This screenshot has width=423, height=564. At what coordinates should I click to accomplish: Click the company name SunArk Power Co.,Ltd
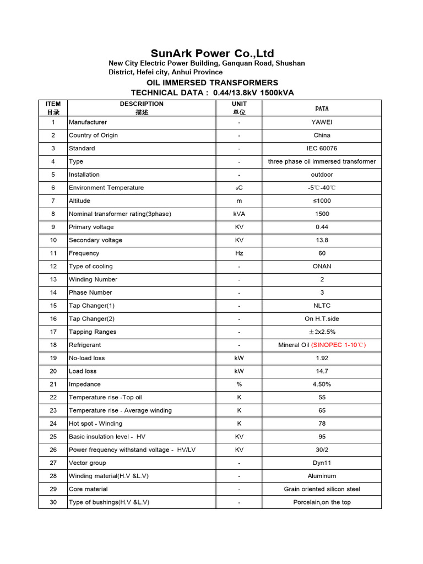[212, 53]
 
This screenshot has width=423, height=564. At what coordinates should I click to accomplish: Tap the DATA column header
[322, 109]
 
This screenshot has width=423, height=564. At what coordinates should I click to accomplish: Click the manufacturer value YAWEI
[322, 122]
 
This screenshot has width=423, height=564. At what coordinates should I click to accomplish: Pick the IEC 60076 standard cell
[322, 149]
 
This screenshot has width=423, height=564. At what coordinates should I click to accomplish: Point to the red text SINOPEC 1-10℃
[338, 345]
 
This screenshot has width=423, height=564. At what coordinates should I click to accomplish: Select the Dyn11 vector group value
[322, 463]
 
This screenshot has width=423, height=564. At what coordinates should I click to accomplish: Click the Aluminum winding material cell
[322, 476]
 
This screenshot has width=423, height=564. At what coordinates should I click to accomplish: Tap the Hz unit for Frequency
[240, 253]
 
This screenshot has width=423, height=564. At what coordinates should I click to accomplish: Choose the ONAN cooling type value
[322, 267]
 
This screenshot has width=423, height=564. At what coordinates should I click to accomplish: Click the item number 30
[53, 502]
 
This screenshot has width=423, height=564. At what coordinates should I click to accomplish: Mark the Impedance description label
[85, 384]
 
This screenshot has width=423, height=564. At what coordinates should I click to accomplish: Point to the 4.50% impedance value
[322, 384]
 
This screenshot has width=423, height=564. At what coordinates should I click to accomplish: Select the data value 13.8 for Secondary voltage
[322, 240]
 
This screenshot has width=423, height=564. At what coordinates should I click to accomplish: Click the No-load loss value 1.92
[322, 358]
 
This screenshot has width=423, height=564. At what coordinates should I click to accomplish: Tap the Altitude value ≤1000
[322, 201]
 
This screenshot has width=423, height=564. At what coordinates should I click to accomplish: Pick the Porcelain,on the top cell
[322, 502]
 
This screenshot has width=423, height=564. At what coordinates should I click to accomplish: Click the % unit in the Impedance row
[240, 384]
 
